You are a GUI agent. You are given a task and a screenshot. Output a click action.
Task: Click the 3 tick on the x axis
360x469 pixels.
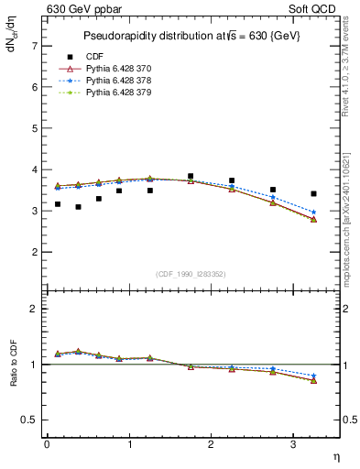pyautogui.click(x=294, y=444)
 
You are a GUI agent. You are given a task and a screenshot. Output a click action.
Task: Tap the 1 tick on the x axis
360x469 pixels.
pyautogui.click(x=129, y=444)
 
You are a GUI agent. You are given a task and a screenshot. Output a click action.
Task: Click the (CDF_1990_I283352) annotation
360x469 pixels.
pyautogui.click(x=191, y=272)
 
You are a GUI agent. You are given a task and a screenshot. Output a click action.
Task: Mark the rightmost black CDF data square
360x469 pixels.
pyautogui.click(x=313, y=193)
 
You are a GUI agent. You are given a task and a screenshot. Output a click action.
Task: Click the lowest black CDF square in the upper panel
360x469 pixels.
pyautogui.click(x=78, y=207)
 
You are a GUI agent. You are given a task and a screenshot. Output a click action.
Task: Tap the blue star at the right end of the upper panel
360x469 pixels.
pyautogui.click(x=313, y=213)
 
